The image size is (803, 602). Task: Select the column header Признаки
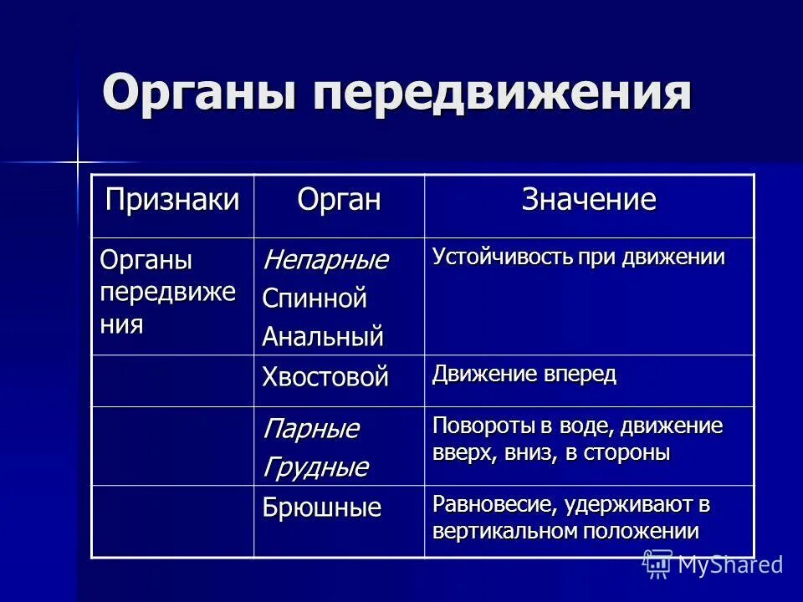(x=171, y=201)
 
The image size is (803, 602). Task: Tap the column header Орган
(x=339, y=201)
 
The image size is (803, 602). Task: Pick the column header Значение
(x=589, y=201)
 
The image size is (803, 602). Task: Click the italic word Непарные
(x=325, y=260)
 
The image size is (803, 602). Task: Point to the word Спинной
(x=315, y=298)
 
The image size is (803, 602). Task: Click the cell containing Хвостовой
(x=325, y=377)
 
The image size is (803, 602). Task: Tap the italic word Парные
(x=310, y=430)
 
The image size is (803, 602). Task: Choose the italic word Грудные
(x=315, y=467)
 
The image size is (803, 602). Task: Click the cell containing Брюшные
(x=322, y=508)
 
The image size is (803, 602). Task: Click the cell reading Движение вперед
(x=524, y=375)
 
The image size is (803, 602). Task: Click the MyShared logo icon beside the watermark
(x=657, y=564)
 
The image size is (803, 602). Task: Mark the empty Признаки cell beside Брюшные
(x=172, y=520)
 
